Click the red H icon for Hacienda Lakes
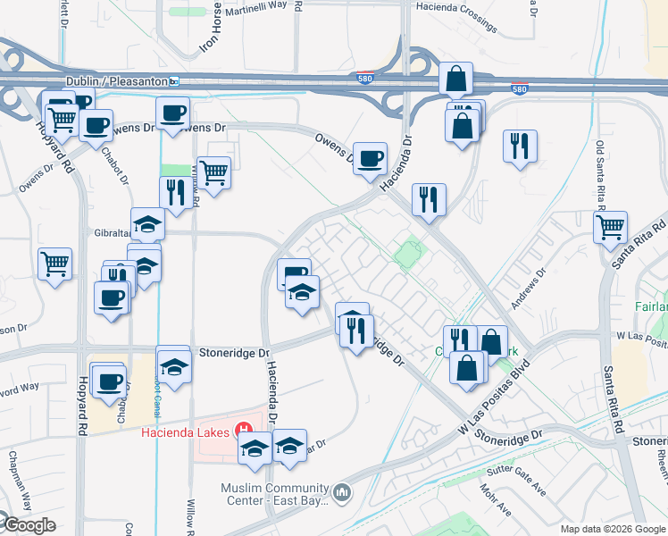pos(240,431)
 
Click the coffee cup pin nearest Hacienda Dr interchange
pos(370,158)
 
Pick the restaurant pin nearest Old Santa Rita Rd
pos(520,147)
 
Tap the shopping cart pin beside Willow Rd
pos(213,172)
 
